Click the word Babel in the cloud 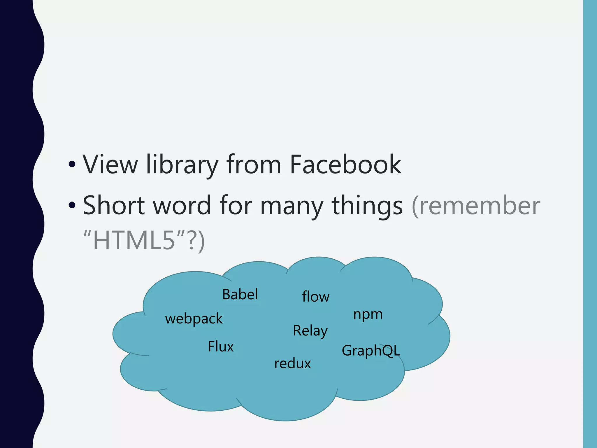click(240, 294)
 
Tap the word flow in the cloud click(315, 297)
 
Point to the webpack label click(194, 319)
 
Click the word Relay click(310, 331)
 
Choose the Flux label click(221, 347)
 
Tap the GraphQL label click(371, 351)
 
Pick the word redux click(293, 364)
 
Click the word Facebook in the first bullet click(345, 164)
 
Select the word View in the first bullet click(110, 164)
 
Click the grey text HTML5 click(134, 240)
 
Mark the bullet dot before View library click(72, 165)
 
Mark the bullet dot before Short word click(72, 206)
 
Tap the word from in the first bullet click(254, 164)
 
